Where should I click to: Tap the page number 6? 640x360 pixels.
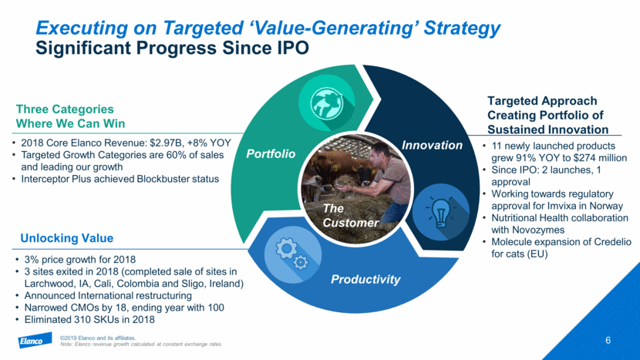(608, 339)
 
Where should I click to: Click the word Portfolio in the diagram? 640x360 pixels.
(271, 153)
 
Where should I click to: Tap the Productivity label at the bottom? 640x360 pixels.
(366, 278)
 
